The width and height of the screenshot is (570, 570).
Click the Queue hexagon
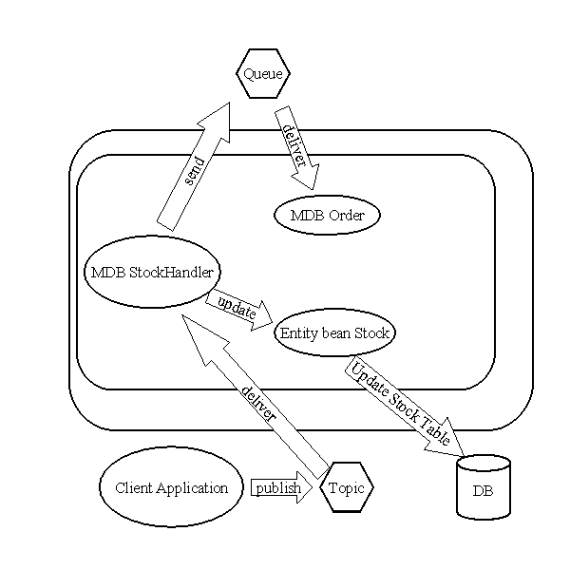tap(263, 73)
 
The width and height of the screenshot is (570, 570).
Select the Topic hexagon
tap(347, 487)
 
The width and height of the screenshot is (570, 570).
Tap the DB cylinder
tap(484, 487)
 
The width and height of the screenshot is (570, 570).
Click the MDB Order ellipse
tap(327, 216)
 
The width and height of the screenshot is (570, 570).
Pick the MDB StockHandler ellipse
tap(152, 272)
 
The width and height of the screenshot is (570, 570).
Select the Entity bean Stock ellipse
tap(334, 332)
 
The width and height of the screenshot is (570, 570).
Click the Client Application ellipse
tap(172, 487)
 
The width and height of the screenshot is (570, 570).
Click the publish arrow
tap(282, 487)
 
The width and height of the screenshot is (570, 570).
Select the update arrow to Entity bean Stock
tap(238, 310)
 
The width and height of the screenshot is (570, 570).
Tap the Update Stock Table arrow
tap(404, 408)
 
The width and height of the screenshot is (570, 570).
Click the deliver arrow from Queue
tap(296, 147)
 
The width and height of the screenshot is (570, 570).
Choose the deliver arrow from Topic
tap(256, 396)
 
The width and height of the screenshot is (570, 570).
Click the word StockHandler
tap(171, 273)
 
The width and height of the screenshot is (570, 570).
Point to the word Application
tap(192, 488)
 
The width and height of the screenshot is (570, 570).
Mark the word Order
tap(346, 216)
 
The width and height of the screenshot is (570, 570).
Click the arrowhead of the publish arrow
tap(305, 487)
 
